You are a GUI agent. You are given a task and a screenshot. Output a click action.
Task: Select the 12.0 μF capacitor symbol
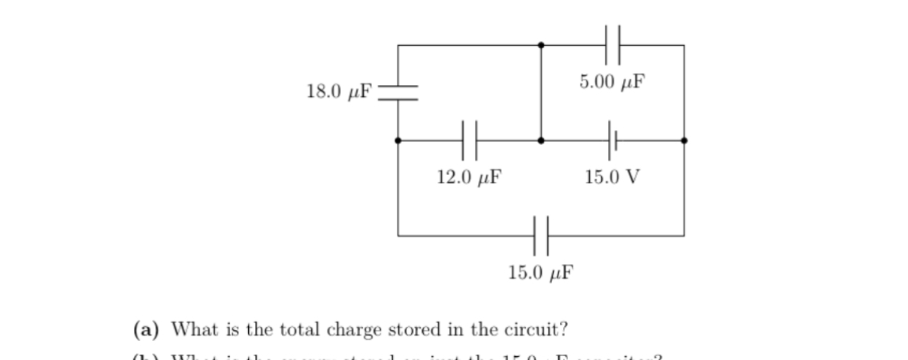click(x=470, y=140)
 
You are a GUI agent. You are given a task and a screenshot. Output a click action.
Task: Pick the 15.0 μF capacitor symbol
click(x=540, y=235)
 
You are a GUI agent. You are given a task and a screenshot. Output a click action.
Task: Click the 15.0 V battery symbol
click(x=613, y=140)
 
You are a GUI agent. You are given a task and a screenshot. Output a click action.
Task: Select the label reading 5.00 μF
click(x=612, y=80)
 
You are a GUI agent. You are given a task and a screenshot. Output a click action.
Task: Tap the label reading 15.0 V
click(x=612, y=177)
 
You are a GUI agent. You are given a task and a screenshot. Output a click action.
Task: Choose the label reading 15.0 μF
click(x=540, y=273)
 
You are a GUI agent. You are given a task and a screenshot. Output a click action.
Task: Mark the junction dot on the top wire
click(x=540, y=45)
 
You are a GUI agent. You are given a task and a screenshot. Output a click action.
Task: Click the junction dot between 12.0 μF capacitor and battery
click(x=540, y=140)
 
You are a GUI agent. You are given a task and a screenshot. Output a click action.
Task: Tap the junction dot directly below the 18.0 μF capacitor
click(x=398, y=140)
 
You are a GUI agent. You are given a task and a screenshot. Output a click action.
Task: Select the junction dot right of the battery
click(x=684, y=140)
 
